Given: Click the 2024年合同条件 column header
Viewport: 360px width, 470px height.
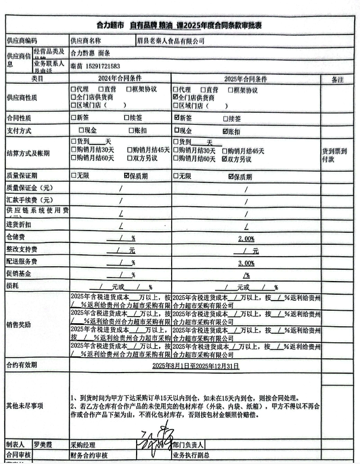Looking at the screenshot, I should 119,78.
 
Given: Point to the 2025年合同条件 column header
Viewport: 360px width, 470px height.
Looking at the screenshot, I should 245,78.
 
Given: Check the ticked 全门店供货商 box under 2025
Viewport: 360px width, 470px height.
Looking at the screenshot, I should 175,97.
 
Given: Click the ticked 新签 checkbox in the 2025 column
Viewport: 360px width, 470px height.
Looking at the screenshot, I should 175,118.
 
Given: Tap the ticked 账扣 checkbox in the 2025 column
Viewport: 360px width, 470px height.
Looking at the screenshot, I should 225,131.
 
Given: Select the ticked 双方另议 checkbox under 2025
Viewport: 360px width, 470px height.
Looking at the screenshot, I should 224,159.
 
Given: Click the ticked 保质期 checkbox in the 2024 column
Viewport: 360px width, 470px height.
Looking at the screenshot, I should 127,176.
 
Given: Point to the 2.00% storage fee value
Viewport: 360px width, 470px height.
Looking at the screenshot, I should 246,238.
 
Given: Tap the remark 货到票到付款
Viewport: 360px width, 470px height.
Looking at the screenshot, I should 336,155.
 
